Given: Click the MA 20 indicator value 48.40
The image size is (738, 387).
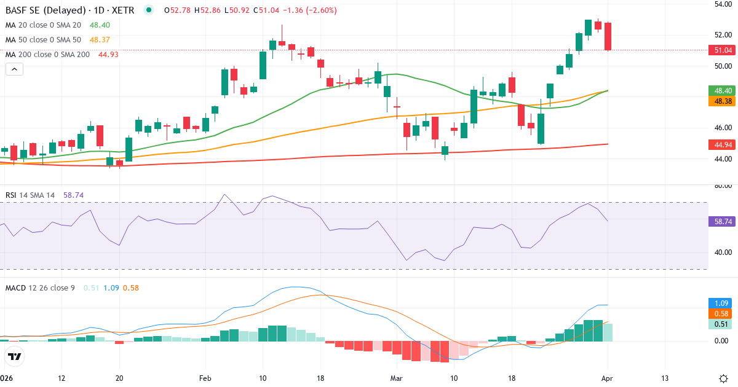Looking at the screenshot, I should [99, 25].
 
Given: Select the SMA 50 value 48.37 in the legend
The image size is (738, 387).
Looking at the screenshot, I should [99, 39].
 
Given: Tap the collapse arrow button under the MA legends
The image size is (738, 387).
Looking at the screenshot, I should [14, 69].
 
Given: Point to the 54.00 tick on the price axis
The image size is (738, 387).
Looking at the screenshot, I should [722, 4].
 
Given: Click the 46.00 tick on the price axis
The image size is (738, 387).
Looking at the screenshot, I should [722, 128].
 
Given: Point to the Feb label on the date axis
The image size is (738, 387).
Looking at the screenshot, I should [205, 378].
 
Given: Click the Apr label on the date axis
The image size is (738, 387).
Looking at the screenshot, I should [606, 378].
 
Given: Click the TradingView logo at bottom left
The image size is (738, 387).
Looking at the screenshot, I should [14, 356].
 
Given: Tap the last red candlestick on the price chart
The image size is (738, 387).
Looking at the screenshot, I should [608, 36].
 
